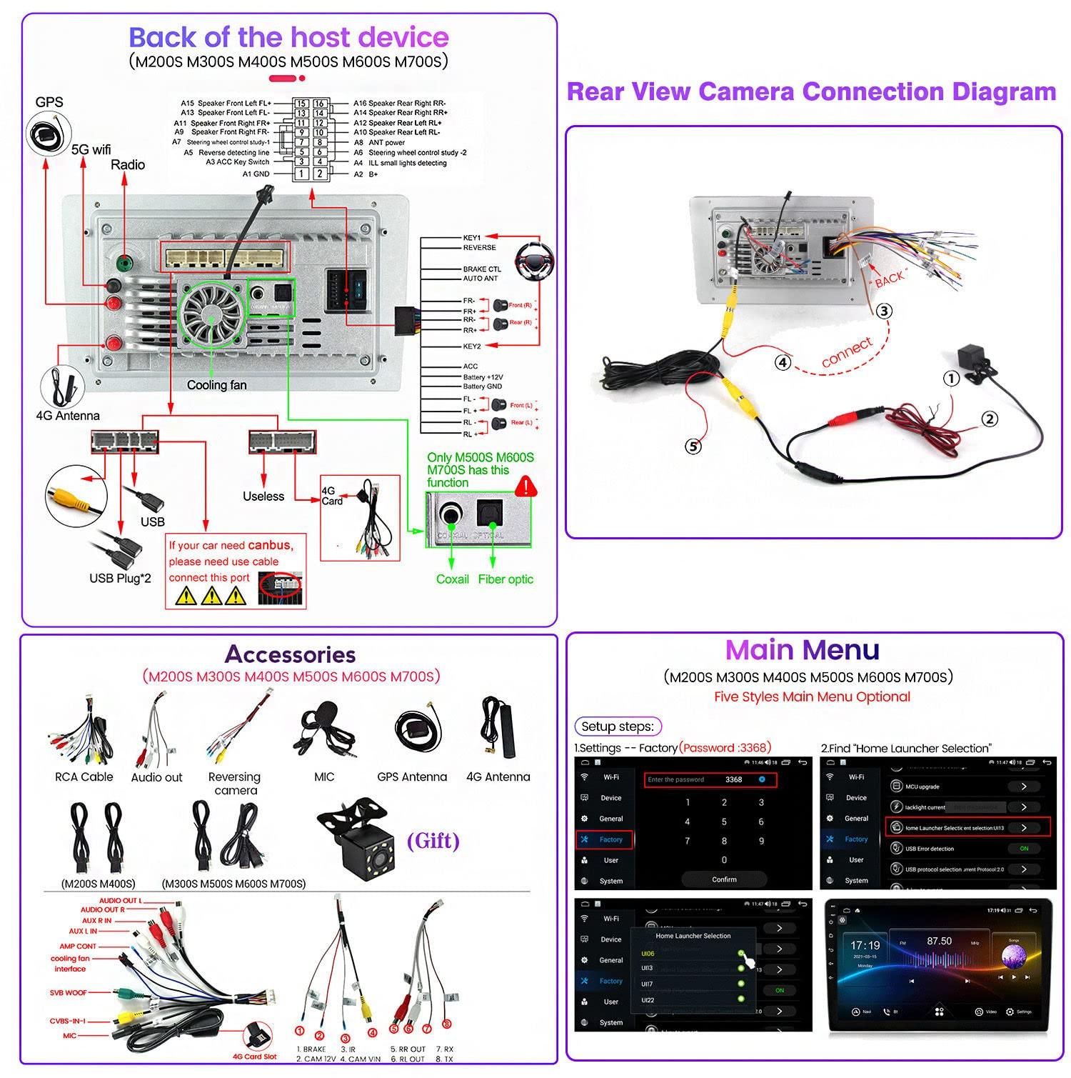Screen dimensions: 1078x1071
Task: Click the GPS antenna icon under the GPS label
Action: coord(49,134)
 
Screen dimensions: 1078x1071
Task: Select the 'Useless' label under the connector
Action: coord(263,496)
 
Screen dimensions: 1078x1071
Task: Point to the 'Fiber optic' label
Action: coord(506,579)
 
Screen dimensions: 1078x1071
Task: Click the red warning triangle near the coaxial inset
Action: coord(526,486)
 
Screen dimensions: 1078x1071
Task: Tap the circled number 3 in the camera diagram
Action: coord(884,311)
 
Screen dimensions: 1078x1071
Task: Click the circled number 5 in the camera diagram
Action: coord(693,446)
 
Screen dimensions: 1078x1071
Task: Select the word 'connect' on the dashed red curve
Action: coord(847,352)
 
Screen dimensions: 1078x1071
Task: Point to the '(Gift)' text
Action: coord(433,840)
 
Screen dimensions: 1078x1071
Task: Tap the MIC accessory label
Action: coord(324,777)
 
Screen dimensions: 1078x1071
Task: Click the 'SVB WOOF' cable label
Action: coord(68,992)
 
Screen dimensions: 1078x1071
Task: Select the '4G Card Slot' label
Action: coord(254,1057)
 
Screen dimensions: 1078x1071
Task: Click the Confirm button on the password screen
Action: coord(724,879)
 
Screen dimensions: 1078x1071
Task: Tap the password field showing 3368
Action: coord(710,779)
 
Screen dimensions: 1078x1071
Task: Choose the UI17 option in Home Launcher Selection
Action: coord(648,984)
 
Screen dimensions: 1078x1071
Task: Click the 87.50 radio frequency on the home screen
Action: coord(939,941)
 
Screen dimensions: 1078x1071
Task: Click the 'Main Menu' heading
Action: coord(803,650)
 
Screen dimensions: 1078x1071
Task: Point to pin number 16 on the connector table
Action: coord(319,104)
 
